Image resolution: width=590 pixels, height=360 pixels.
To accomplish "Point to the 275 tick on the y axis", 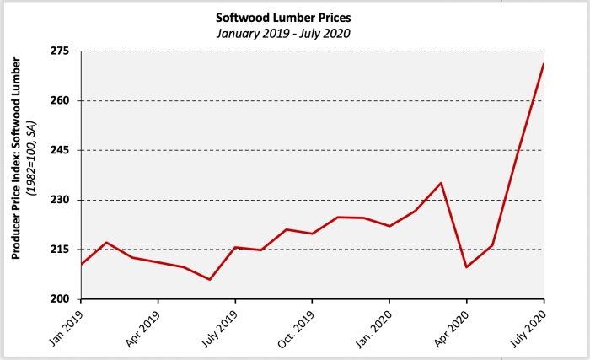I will click(63, 51).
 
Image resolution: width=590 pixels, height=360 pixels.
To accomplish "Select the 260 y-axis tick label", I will click(63, 101).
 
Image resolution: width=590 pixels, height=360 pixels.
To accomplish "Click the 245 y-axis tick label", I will click(63, 150).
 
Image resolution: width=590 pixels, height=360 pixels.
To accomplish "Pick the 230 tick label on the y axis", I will click(63, 200).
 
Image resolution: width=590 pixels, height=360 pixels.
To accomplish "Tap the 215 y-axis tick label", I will click(63, 250).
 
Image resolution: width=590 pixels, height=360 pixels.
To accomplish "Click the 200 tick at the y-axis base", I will click(63, 299).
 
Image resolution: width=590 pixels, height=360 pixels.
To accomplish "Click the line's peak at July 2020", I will click(544, 64).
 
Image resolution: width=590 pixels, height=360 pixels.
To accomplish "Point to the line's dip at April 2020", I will click(466, 267).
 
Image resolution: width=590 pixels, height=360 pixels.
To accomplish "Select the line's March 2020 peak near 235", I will click(441, 183).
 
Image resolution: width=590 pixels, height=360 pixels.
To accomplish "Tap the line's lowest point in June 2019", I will click(210, 279).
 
